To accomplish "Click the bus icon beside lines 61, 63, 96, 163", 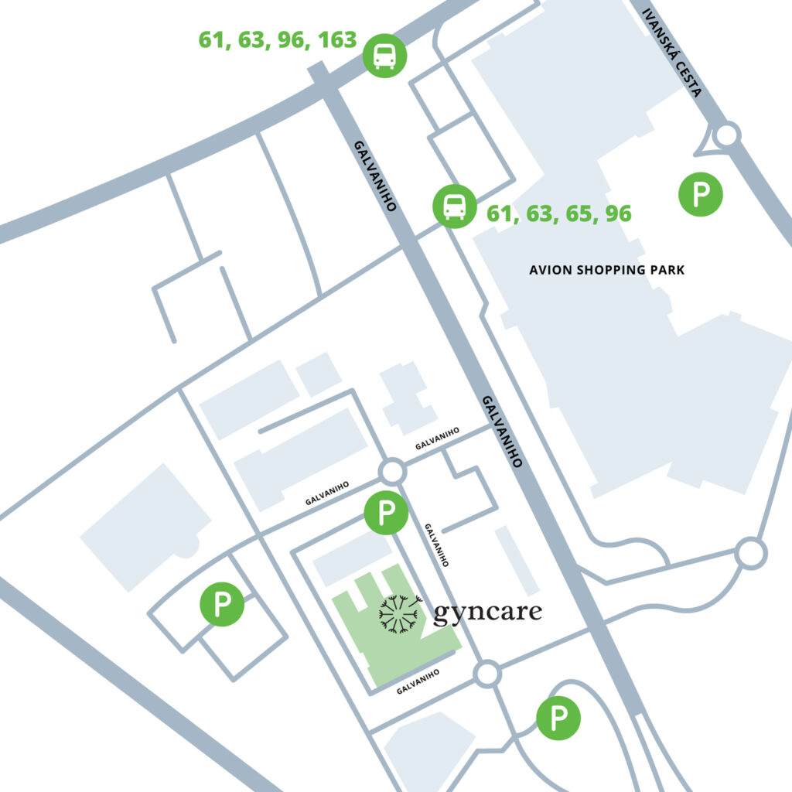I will pos(384,56).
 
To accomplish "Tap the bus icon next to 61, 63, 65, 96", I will pos(455,207).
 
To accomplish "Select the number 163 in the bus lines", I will pos(336,39).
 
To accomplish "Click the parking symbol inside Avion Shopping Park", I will pos(700,193).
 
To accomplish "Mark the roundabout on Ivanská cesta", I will pos(726,135).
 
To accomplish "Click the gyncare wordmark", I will pos(487,613).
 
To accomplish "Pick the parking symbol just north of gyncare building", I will pos(385,512).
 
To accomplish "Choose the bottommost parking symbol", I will pos(558,719).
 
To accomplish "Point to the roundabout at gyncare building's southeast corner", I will pos(487,674).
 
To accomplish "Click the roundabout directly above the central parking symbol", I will pos(392,471).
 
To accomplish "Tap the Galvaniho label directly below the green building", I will pos(418,681).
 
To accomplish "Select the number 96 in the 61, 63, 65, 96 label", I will pos(618,214).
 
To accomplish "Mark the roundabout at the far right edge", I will pos(750,554).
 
